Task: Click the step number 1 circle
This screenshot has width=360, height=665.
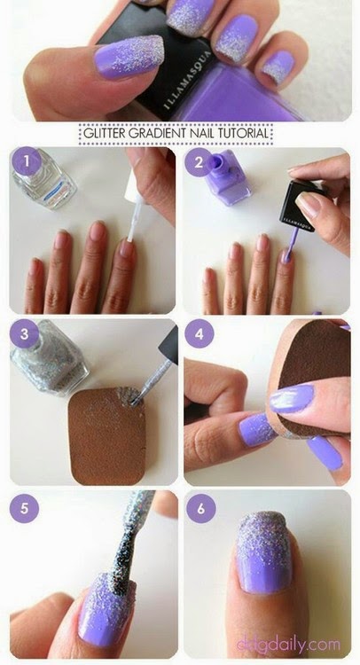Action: click(29, 162)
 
